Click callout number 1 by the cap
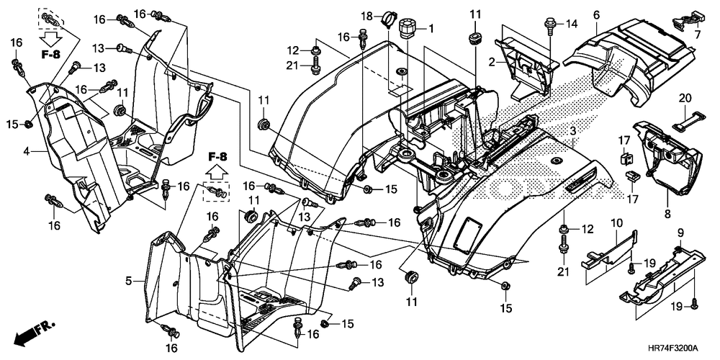pos(431,29)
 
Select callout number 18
pos(366,17)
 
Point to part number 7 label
pos(697,34)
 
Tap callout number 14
pos(570,23)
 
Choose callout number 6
pos(596,14)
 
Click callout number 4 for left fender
pos(27,150)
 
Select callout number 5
pos(129,280)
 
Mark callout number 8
pos(667,214)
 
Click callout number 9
pos(681,233)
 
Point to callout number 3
pos(573,131)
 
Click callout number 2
pos(491,61)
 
